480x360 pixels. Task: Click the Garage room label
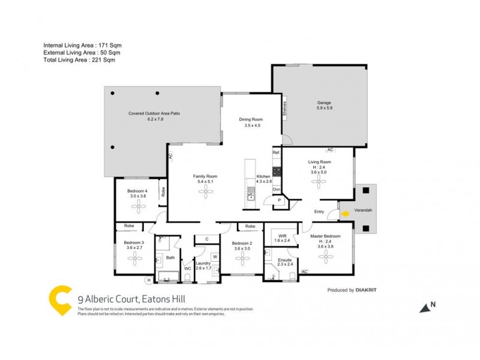point(324,103)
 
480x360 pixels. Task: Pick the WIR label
point(281,236)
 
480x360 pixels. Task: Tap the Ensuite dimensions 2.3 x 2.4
point(285,265)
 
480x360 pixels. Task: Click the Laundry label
point(203,263)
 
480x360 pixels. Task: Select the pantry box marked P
point(279,200)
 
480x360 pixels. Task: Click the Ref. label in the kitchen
point(276,153)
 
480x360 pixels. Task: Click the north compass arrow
point(425,307)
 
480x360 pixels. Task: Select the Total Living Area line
point(79,60)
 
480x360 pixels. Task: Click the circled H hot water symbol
point(148,280)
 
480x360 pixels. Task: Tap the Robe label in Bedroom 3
point(129,226)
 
